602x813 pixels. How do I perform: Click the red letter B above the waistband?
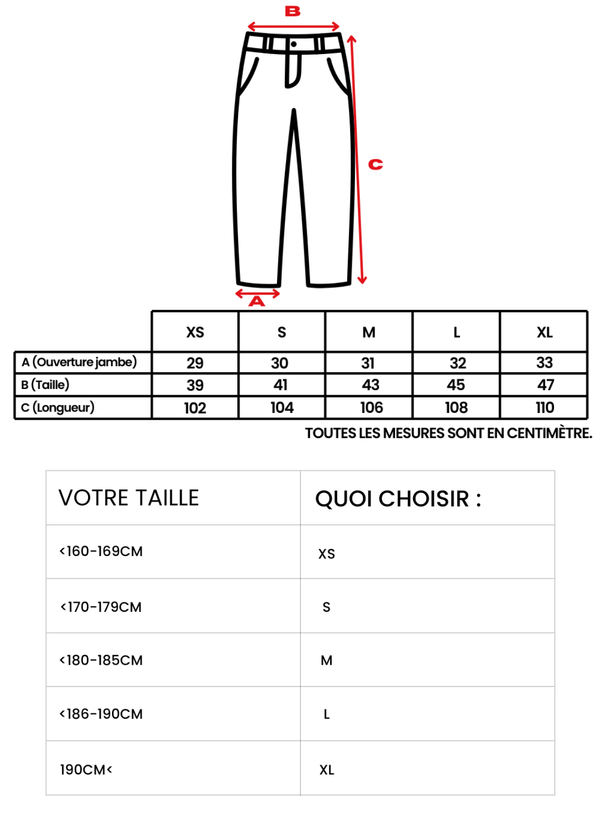point(293,11)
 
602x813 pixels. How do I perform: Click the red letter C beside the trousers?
point(376,164)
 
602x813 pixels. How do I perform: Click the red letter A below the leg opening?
point(256,301)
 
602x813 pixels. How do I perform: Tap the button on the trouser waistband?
point(294,44)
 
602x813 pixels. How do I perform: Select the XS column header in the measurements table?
point(195,333)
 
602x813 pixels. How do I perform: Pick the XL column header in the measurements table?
point(545,333)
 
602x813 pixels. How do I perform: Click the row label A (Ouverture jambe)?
point(79,362)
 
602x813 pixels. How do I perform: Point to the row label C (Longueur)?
point(58,407)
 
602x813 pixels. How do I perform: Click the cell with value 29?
point(195,363)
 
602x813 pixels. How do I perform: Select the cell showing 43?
point(370,385)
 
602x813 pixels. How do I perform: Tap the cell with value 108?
point(456,408)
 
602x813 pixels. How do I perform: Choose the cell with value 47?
point(546,385)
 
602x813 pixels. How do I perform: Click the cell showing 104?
point(282,408)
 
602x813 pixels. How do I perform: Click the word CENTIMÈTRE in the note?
point(549,433)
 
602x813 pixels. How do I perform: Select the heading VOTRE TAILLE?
point(129,498)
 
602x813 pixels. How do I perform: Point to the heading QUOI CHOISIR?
point(398,499)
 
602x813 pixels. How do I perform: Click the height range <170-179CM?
point(101,607)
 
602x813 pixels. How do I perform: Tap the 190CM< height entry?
point(86,770)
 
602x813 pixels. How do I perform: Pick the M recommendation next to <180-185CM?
point(327,661)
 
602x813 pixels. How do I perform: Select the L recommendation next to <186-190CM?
point(327,714)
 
